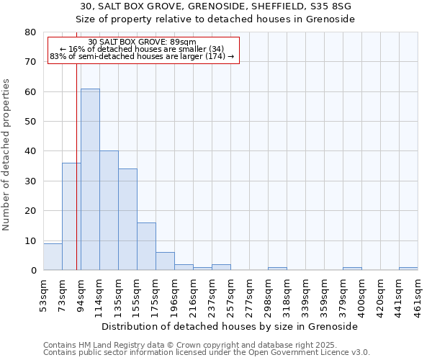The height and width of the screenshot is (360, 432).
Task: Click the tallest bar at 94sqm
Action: point(90,179)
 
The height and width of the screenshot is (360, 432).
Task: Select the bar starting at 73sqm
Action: point(71,216)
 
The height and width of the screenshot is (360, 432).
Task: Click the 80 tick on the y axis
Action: point(31,32)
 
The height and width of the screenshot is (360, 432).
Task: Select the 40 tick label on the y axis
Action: point(31,151)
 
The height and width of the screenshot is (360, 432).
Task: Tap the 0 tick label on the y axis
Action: point(33,271)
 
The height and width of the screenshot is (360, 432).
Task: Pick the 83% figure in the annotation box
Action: point(58,56)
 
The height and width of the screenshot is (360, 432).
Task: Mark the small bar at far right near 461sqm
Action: point(408,269)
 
